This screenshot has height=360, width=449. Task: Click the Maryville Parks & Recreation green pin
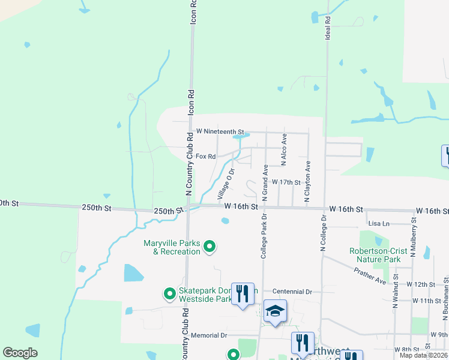tap(209, 246)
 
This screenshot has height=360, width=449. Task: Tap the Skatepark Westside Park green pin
tap(170, 294)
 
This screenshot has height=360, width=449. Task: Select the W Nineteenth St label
tap(220, 131)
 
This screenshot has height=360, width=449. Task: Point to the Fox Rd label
tap(205, 157)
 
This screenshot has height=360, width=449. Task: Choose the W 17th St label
tap(286, 182)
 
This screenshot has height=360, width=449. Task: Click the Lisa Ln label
tap(379, 223)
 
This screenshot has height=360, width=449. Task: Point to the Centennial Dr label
tap(292, 292)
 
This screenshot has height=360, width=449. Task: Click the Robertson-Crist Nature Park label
tap(375, 256)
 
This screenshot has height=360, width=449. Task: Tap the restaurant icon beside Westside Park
tap(243, 293)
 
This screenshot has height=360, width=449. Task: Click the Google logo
tap(20, 353)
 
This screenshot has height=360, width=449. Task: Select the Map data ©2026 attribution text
tap(424, 355)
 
